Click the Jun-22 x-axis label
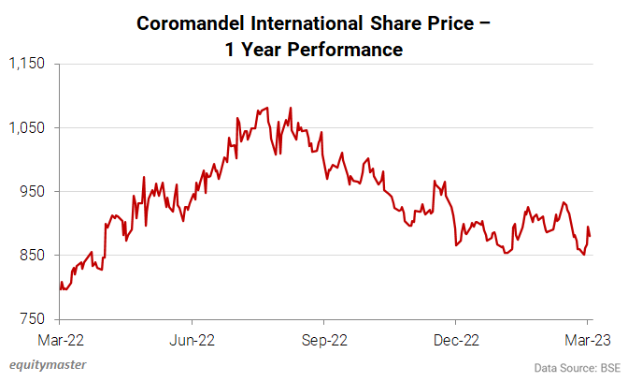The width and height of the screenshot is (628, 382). point(194,340)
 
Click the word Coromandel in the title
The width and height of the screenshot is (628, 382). point(190,22)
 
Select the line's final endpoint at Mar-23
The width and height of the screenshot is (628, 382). point(590,236)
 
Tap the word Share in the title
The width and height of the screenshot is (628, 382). point(392,22)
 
